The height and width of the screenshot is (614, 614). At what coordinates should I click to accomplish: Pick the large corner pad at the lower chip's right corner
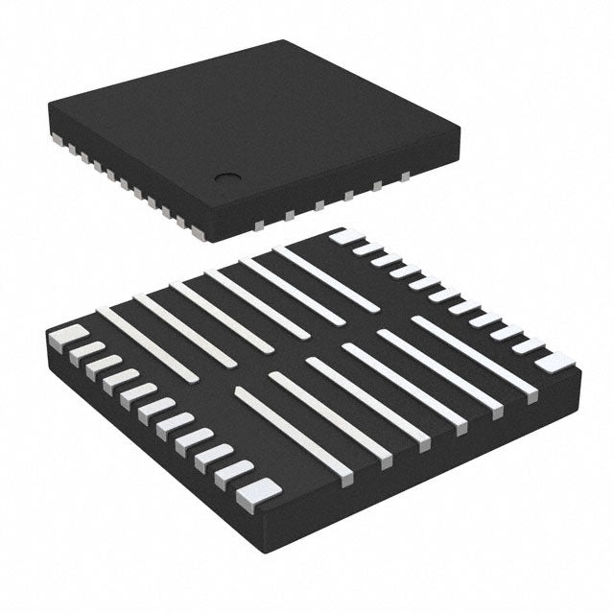pyautogui.click(x=555, y=362)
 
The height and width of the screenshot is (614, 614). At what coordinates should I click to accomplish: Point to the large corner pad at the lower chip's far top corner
pyautogui.click(x=346, y=236)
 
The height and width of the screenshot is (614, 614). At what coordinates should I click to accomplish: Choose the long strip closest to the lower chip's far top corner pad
pyautogui.click(x=325, y=279)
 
